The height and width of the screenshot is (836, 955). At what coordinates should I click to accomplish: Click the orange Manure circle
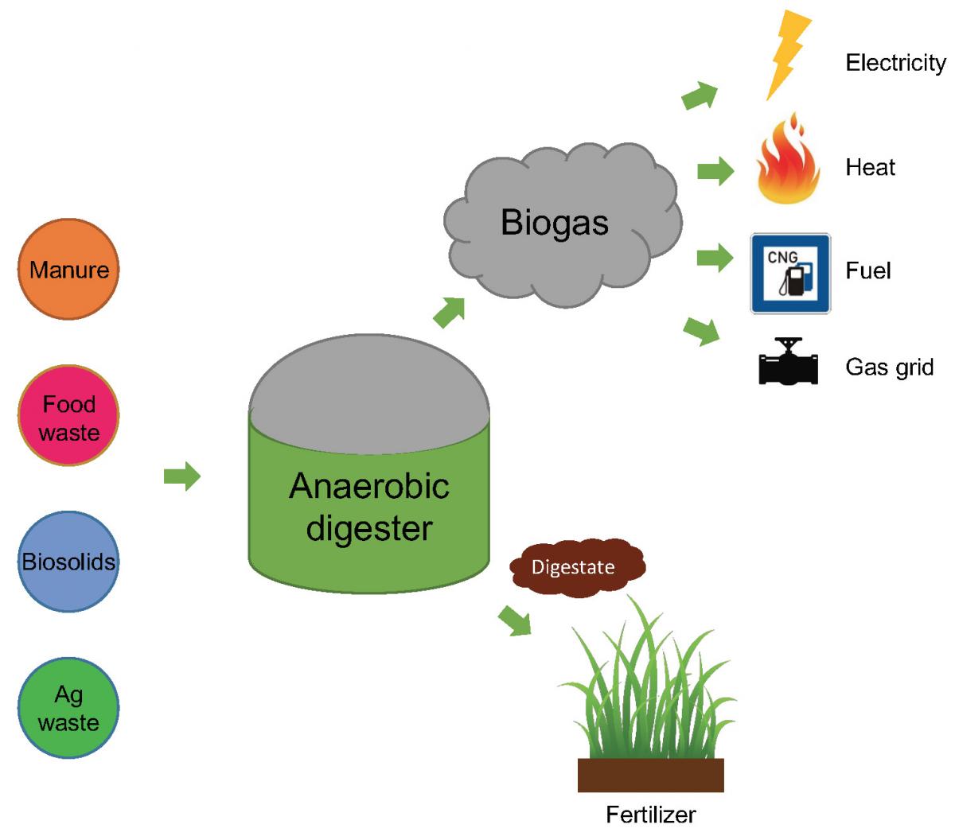click(68, 270)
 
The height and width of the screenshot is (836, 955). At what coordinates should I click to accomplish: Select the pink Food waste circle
click(68, 415)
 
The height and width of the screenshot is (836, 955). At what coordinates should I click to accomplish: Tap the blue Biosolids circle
click(68, 562)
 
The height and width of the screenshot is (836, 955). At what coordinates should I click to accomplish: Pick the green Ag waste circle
click(68, 708)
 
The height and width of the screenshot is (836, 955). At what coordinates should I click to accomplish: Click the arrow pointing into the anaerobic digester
click(181, 476)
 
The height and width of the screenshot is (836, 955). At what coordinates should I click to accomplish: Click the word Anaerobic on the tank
click(368, 486)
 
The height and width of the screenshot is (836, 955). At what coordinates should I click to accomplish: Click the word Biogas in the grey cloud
click(555, 222)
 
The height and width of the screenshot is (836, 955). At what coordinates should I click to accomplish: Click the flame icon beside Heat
click(787, 160)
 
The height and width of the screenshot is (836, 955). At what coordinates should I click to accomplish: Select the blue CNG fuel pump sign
click(789, 273)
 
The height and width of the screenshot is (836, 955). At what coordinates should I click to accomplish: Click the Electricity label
click(895, 63)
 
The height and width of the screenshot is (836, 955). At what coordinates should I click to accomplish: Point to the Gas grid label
click(889, 367)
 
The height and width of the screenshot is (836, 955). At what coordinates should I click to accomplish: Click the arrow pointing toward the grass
click(515, 620)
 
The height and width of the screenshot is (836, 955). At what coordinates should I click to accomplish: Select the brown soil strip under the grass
click(650, 775)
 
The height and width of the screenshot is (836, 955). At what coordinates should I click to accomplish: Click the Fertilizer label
click(650, 815)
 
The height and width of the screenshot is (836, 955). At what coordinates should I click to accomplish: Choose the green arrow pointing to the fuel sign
click(715, 258)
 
